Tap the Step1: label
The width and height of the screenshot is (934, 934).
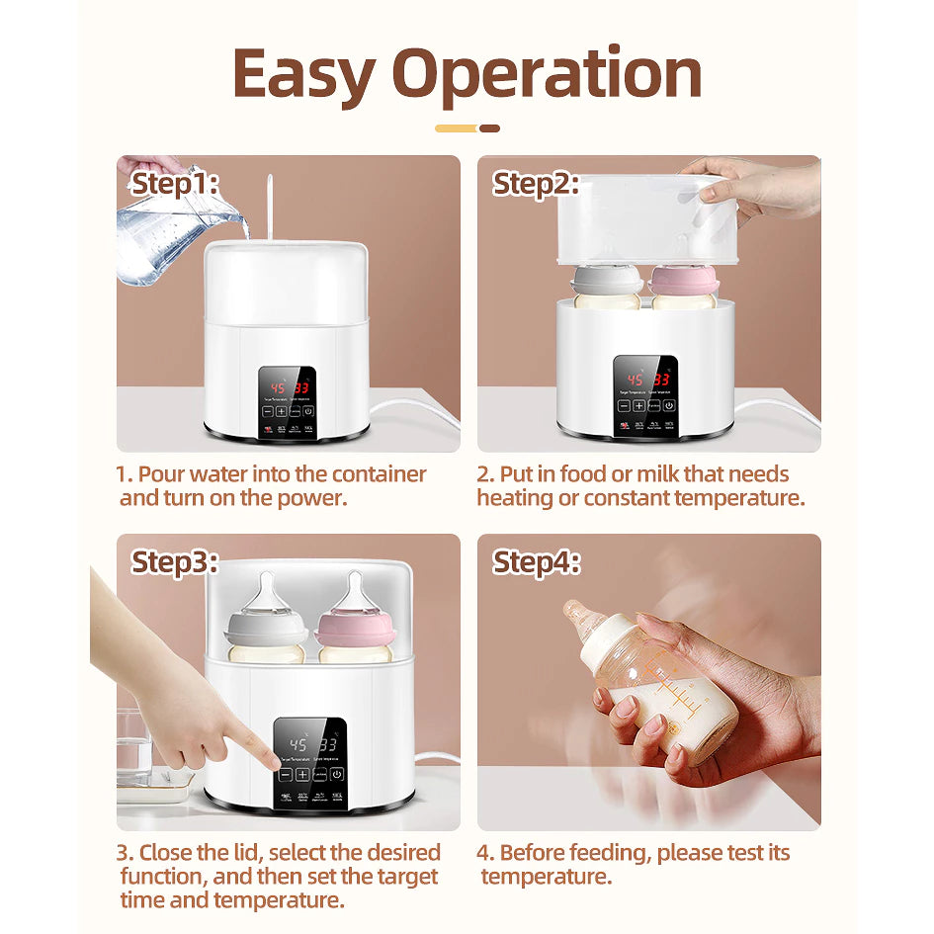(175, 184)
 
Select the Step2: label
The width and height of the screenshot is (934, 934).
(536, 184)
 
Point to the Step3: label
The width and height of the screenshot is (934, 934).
(175, 562)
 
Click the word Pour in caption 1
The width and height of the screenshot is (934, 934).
(163, 474)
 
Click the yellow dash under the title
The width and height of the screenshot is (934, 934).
(456, 128)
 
